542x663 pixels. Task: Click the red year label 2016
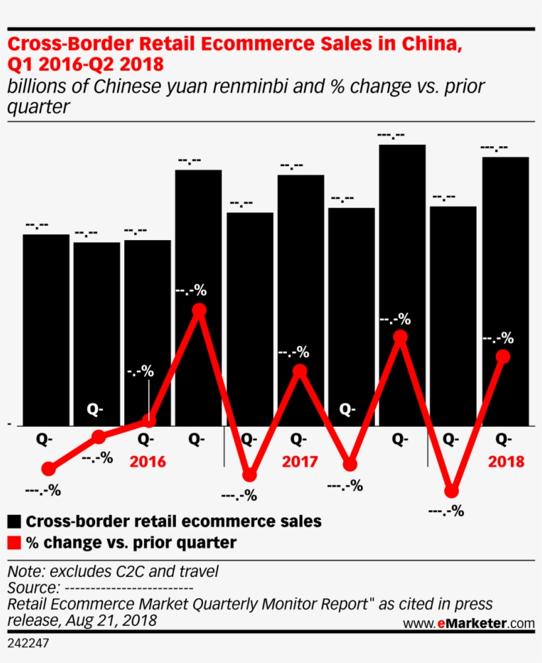pos(148,461)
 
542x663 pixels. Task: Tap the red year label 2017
pos(299,461)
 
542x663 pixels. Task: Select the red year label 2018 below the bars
pos(506,461)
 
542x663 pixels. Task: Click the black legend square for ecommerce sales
pos(15,521)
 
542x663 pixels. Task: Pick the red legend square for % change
pos(15,543)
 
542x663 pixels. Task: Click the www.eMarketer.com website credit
pos(468,623)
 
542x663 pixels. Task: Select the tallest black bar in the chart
pos(402,285)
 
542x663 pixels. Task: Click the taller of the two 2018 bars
pos(505,291)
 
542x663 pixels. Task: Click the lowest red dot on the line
pos(451,491)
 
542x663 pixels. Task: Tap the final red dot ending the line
pos(503,357)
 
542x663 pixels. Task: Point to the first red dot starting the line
pos(48,469)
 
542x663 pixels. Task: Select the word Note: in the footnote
pos(26,570)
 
